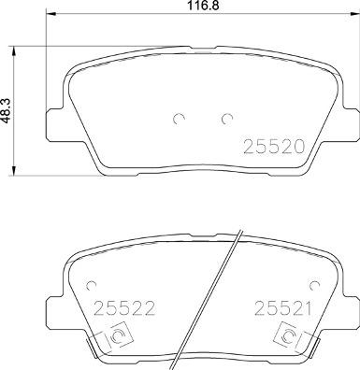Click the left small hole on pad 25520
click(x=180, y=119)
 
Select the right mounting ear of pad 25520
click(x=347, y=121)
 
